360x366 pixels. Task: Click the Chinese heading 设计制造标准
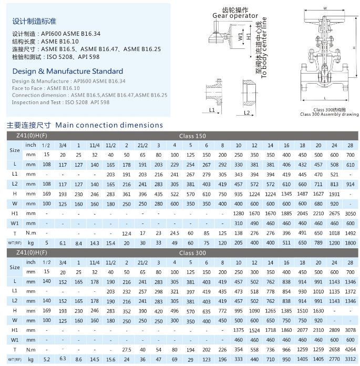click(x=34, y=22)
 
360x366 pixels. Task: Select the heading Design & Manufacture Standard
click(x=67, y=71)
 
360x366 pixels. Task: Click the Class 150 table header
click(x=192, y=135)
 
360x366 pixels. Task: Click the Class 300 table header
click(x=192, y=252)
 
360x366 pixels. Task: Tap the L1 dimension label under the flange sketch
click(x=212, y=110)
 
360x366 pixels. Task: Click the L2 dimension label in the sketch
click(x=246, y=112)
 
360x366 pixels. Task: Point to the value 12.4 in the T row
click(x=126, y=233)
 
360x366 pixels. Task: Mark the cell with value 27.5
click(x=126, y=350)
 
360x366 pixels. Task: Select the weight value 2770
click(x=334, y=360)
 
